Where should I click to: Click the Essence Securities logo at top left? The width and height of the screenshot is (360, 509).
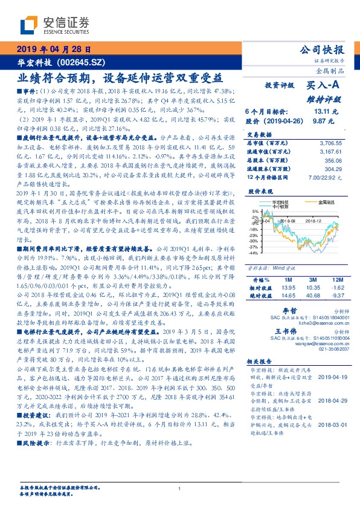(x=54, y=26)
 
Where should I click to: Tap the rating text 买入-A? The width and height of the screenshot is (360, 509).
(x=326, y=86)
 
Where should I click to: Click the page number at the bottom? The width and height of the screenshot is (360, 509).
(x=180, y=488)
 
